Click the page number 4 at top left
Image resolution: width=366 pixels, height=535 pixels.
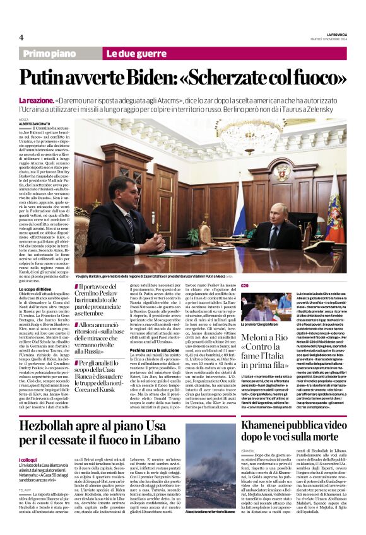point(21,37)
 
